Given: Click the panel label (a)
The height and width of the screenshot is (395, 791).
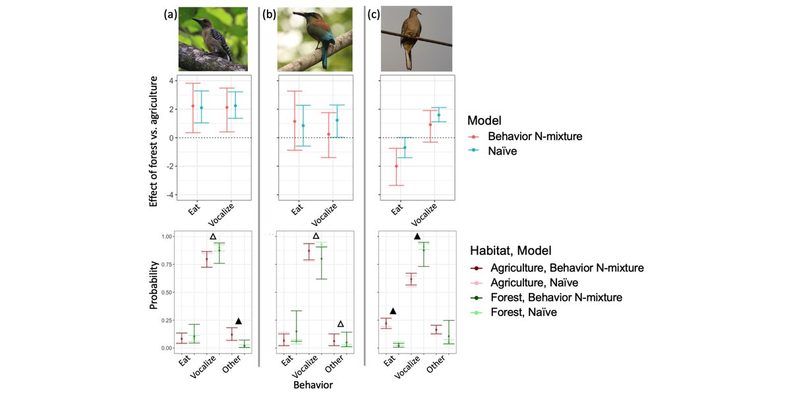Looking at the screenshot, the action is click(x=170, y=14).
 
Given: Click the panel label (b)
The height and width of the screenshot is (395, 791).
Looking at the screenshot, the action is click(x=269, y=14).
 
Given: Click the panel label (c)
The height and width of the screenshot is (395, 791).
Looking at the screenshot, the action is click(x=373, y=14).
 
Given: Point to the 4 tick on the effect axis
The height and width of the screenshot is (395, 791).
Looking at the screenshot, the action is click(x=171, y=81).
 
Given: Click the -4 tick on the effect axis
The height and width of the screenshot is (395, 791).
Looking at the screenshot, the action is click(x=170, y=195).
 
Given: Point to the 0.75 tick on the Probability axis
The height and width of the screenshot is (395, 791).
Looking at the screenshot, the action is click(x=167, y=265).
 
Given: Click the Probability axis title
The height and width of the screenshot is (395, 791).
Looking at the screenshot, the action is click(x=153, y=285).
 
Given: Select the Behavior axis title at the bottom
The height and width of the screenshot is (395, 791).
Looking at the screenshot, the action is click(x=313, y=384).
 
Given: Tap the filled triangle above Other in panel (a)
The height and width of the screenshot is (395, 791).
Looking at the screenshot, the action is click(x=239, y=321).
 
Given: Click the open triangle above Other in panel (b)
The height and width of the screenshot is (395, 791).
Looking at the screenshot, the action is click(x=340, y=324).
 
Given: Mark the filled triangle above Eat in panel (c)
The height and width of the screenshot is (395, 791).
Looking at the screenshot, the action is click(x=393, y=311).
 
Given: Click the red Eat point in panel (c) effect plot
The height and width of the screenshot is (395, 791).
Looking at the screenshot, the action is click(x=396, y=166).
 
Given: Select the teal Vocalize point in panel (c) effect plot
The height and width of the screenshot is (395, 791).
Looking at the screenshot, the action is click(x=439, y=115).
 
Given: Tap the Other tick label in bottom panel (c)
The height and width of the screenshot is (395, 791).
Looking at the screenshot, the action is click(x=435, y=364).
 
